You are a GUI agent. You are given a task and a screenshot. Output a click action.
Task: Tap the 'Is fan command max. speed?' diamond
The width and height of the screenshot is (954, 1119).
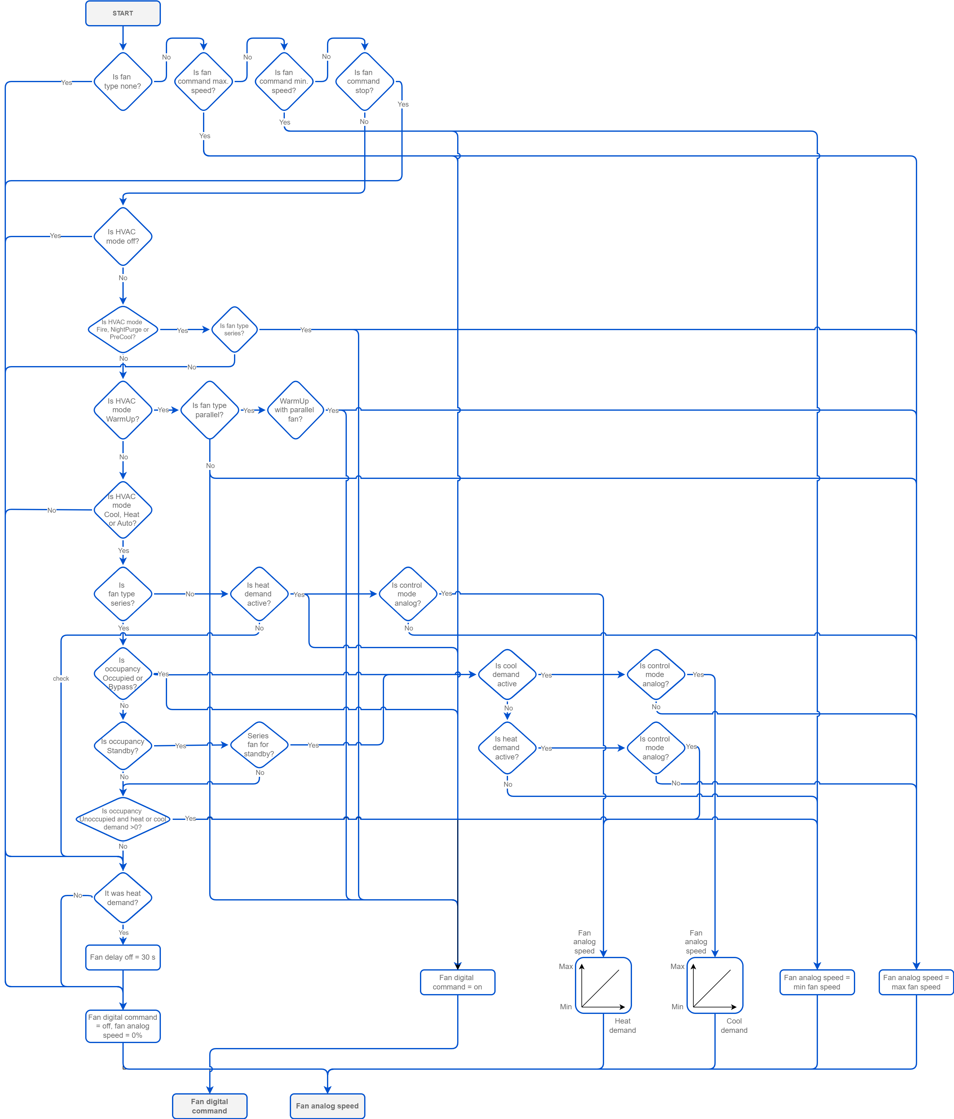203,82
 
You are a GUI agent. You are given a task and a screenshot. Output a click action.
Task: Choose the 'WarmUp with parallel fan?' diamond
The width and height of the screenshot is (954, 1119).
295,410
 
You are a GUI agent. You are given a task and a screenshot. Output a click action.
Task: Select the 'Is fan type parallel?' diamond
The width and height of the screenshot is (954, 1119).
210,410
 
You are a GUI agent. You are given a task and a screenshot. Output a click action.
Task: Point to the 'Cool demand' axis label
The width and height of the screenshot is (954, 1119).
734,1026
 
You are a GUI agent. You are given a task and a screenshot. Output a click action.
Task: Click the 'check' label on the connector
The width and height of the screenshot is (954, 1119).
61,679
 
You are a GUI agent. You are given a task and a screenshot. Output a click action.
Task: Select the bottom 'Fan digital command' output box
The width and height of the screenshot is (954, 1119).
210,1106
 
